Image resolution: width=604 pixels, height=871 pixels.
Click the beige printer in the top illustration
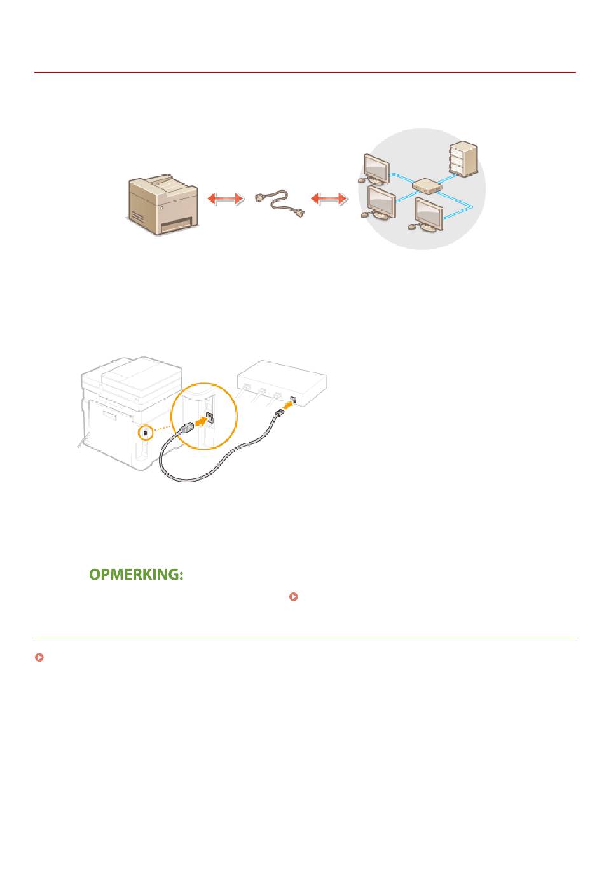(x=163, y=204)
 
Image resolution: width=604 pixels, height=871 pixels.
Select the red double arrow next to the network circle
(x=328, y=199)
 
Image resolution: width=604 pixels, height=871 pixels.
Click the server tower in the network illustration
(x=463, y=158)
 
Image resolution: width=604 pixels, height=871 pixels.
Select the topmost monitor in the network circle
(x=374, y=169)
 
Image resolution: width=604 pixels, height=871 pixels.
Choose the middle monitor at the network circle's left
(x=380, y=202)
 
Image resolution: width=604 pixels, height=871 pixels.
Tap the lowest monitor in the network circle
(x=427, y=214)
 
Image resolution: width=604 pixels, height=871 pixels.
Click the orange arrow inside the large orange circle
(x=200, y=421)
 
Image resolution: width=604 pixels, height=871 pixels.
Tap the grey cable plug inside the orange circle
(x=187, y=428)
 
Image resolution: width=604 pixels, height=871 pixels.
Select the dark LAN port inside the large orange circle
(x=209, y=417)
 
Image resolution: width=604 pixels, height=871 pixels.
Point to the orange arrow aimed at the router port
(x=287, y=406)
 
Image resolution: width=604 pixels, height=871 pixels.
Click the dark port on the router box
(x=294, y=398)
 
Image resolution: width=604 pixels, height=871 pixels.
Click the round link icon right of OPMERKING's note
(x=294, y=597)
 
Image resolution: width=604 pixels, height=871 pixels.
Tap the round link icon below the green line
(x=39, y=657)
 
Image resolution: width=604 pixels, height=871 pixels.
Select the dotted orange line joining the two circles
(x=163, y=429)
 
